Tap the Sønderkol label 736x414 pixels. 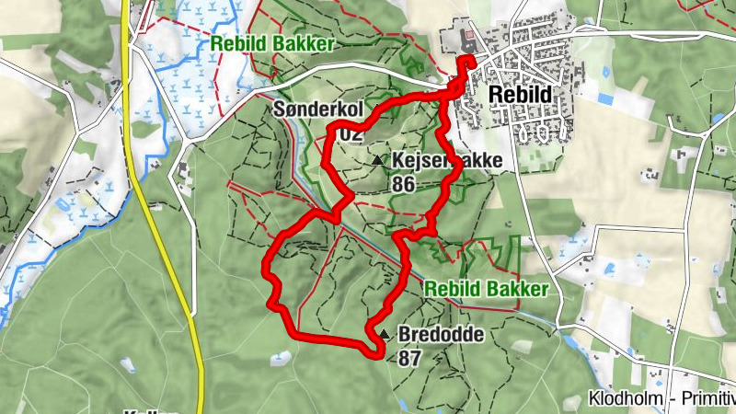click(x=318, y=109)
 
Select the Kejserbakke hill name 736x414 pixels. click(x=447, y=161)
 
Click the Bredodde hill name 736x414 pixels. click(x=441, y=335)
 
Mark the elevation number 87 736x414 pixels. click(x=410, y=358)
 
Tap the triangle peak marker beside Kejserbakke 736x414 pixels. click(x=378, y=161)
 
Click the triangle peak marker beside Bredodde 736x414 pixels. click(x=384, y=334)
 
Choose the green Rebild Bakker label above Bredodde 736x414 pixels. click(x=487, y=289)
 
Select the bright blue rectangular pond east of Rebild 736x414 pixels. click(x=604, y=98)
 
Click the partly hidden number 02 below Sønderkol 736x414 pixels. click(x=350, y=134)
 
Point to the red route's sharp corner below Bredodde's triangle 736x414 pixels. click(x=378, y=351)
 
